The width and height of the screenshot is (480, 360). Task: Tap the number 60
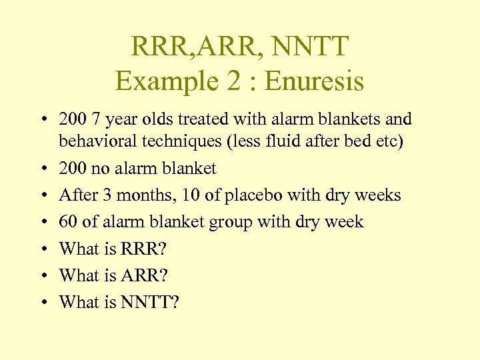tap(68, 221)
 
